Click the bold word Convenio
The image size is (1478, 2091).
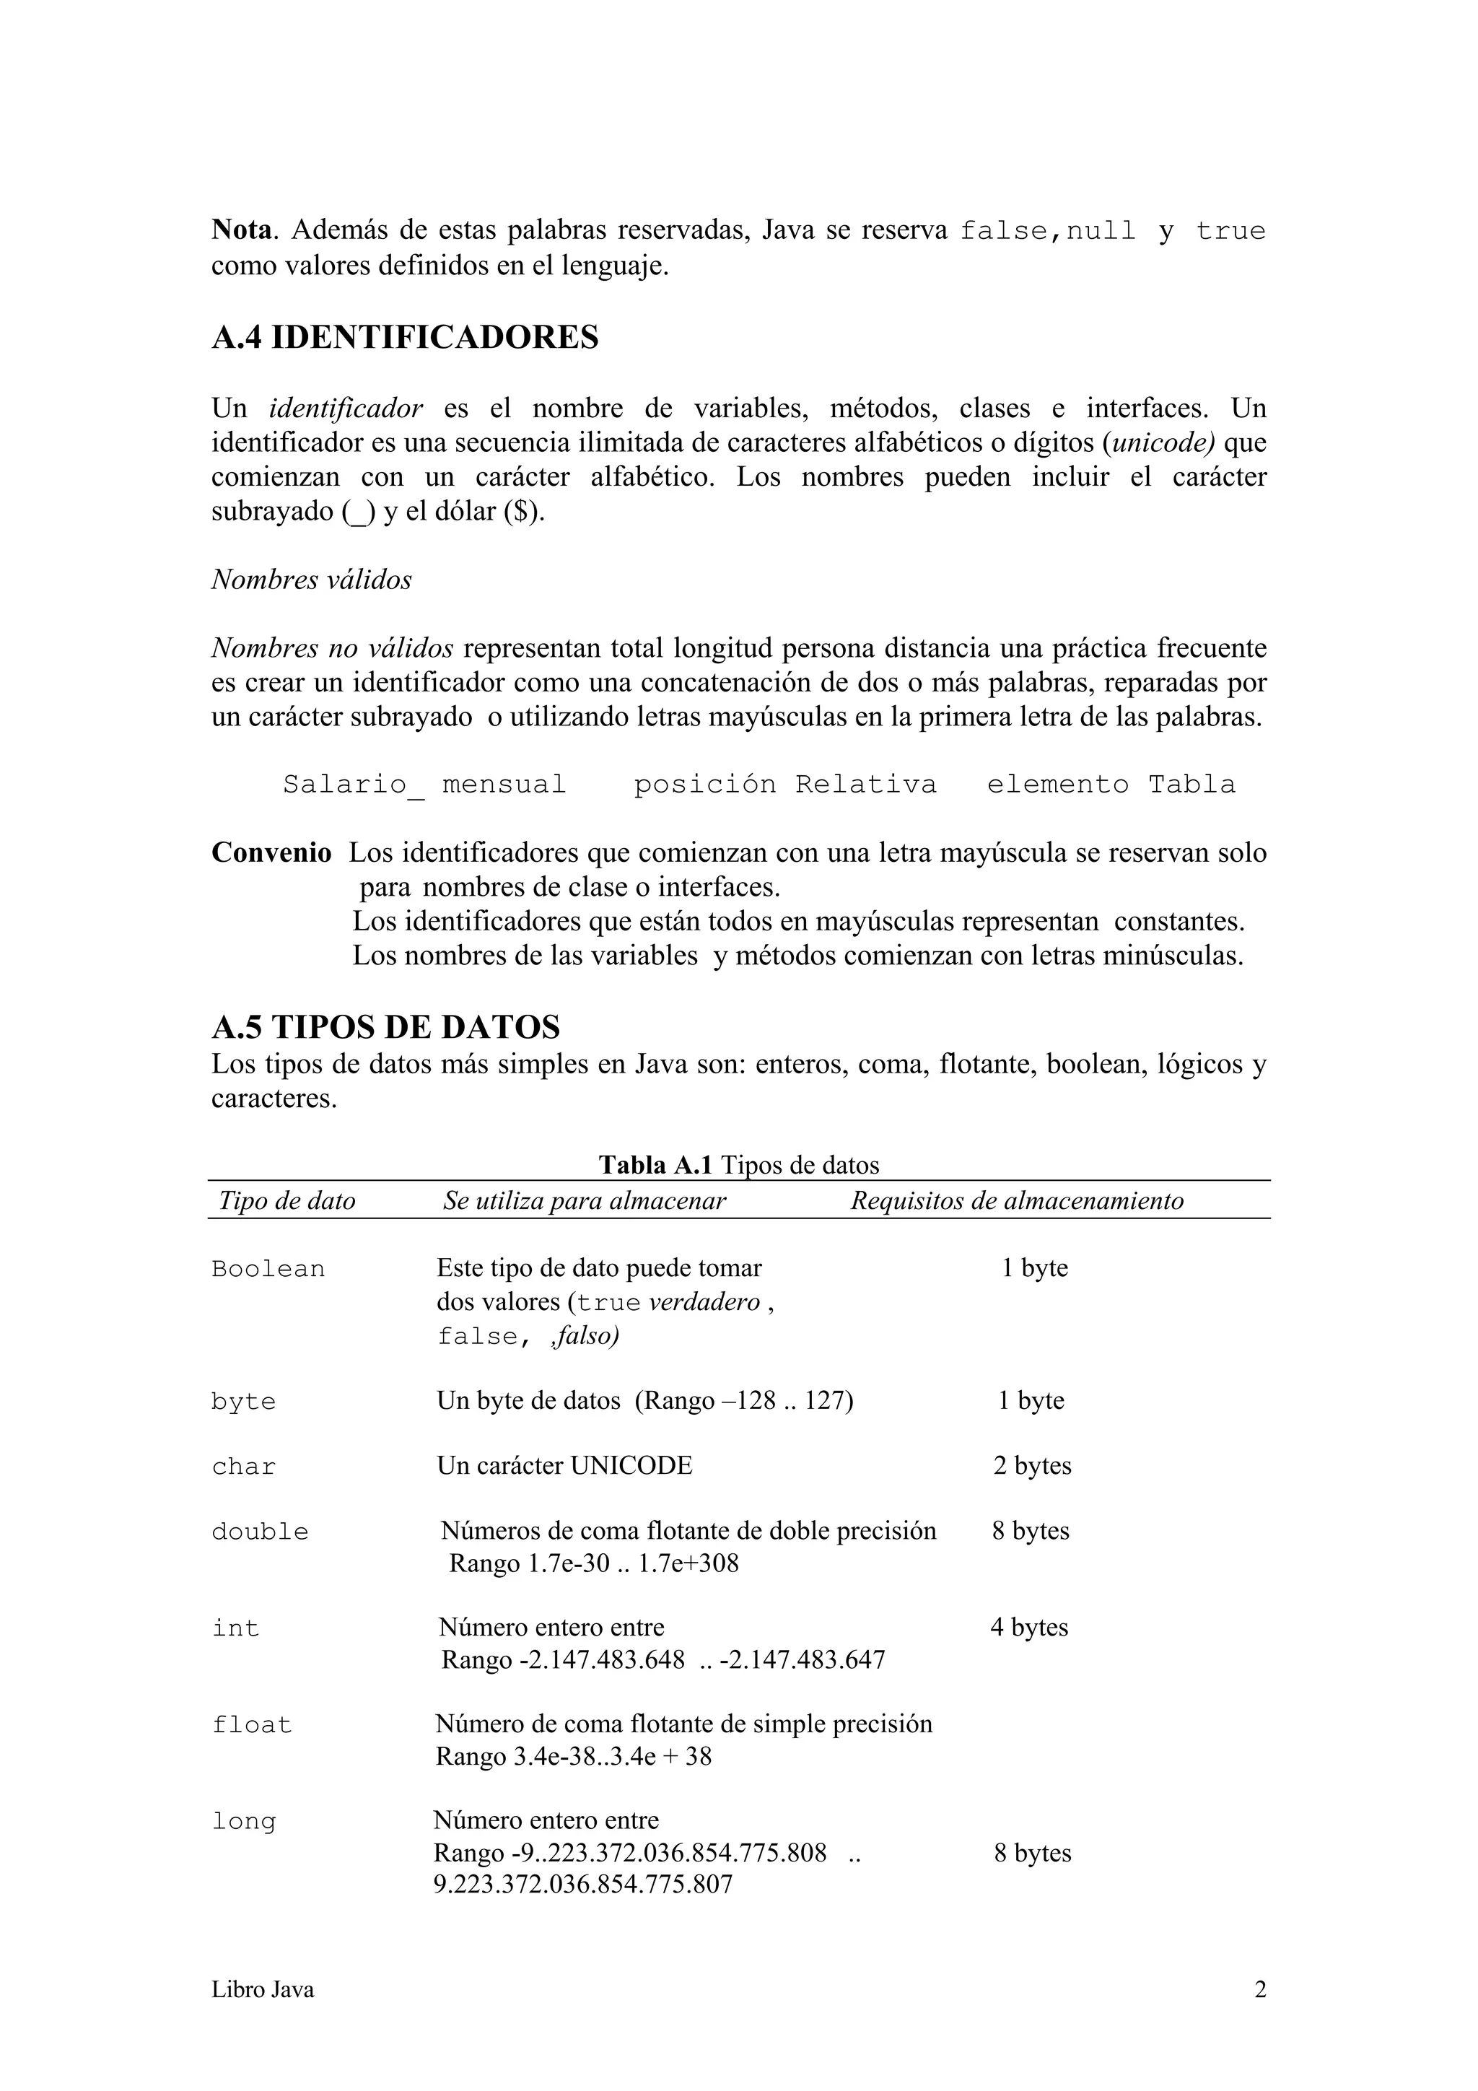pyautogui.click(x=271, y=852)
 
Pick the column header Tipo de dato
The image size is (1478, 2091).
pyautogui.click(x=287, y=1200)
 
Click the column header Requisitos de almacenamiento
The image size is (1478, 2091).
pyautogui.click(x=1016, y=1200)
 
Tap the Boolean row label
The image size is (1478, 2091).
pyautogui.click(x=268, y=1269)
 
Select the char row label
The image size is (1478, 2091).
pyautogui.click(x=243, y=1466)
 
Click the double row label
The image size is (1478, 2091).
pyautogui.click(x=260, y=1532)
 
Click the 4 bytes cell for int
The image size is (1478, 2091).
pyautogui.click(x=1029, y=1627)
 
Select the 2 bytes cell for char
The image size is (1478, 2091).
pyautogui.click(x=1032, y=1465)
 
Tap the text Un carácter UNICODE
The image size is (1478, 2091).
pyautogui.click(x=564, y=1465)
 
